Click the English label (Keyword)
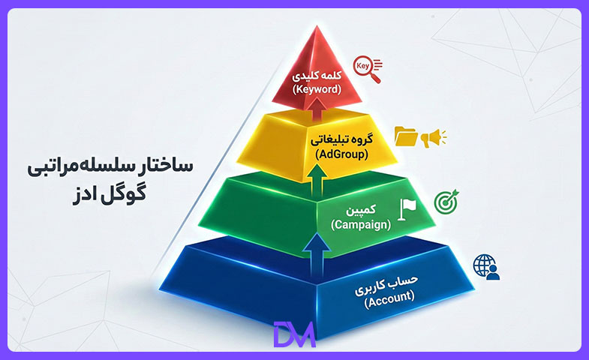317,89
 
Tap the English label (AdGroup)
341,154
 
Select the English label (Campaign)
361,224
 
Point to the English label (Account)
389,298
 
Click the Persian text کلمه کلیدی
317,76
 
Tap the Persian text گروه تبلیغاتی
341,140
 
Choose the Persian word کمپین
361,210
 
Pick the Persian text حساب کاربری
386,285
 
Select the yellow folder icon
406,136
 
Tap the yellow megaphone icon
433,138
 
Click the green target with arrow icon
446,201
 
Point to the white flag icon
407,209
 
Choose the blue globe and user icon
486,267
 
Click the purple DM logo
294,334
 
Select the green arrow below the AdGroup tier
318,181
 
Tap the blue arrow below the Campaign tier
317,255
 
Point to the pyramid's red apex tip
317,26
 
